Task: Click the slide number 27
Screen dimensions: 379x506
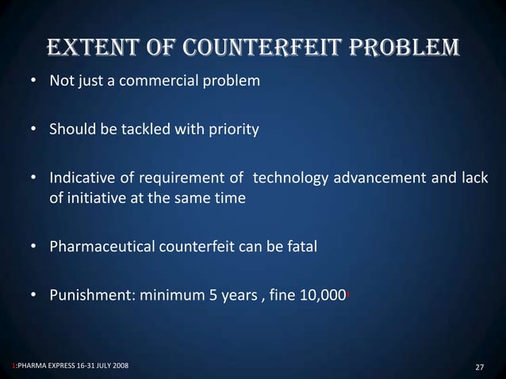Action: click(x=479, y=367)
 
